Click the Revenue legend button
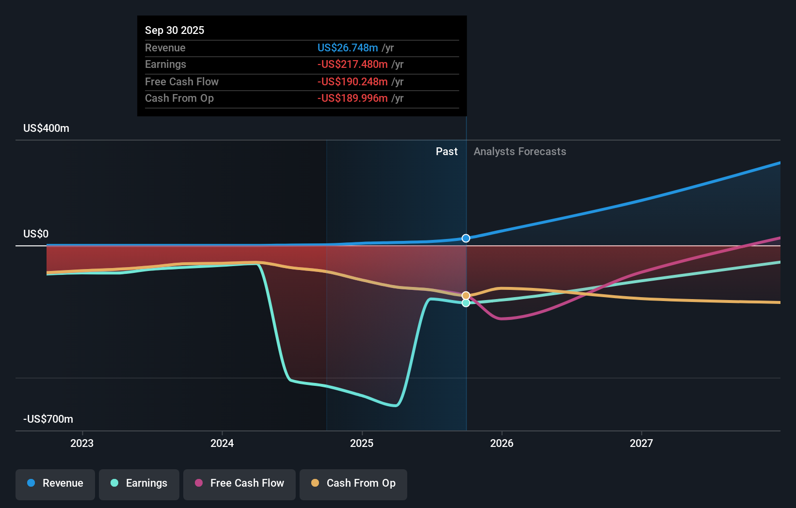(x=55, y=483)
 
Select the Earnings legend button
(x=139, y=483)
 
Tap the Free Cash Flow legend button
(x=239, y=483)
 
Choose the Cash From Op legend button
(x=353, y=483)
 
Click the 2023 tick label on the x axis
(x=82, y=443)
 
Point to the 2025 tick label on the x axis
(x=362, y=443)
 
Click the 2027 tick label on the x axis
(x=641, y=443)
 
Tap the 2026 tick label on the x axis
(x=501, y=443)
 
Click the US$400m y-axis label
(x=46, y=128)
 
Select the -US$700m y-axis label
(x=48, y=419)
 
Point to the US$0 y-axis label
(x=36, y=234)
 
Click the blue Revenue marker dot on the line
(x=466, y=238)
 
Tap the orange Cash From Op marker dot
(x=466, y=296)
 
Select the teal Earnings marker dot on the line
(x=466, y=303)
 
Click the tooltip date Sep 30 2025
(x=175, y=30)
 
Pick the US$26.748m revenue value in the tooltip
(x=348, y=48)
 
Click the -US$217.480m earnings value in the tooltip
(x=352, y=64)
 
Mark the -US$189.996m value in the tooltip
(x=352, y=98)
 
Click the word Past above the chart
(x=446, y=152)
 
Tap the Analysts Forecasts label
(x=520, y=152)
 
